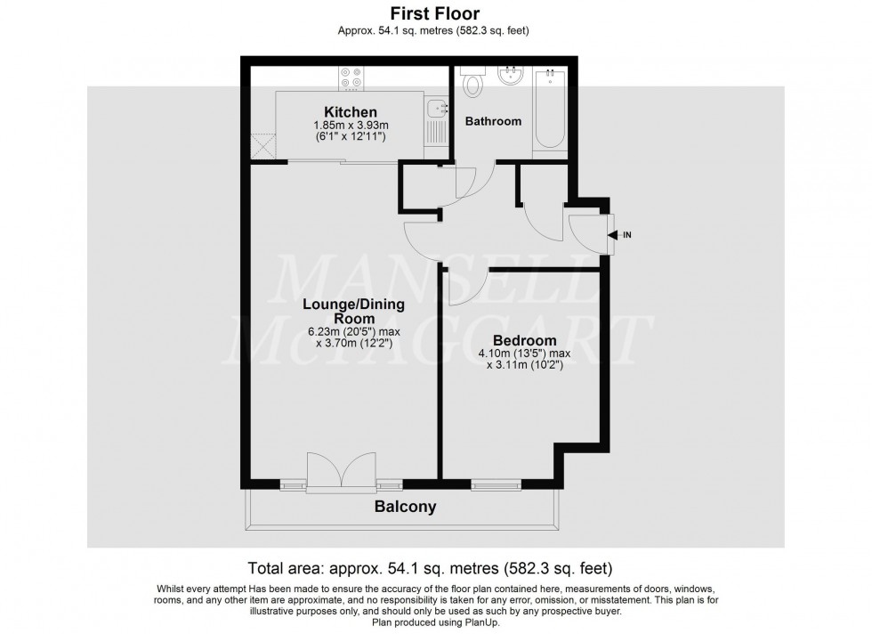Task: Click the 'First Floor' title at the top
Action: (x=435, y=13)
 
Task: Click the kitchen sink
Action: (x=436, y=110)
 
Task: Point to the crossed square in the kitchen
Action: (x=262, y=145)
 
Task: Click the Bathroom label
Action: (x=494, y=121)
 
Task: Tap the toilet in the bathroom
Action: (x=473, y=82)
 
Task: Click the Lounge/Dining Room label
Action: (x=353, y=311)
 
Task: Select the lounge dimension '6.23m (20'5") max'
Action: (x=353, y=330)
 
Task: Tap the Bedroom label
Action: (x=525, y=340)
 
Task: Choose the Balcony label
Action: (x=405, y=507)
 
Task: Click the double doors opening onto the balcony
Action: (x=342, y=472)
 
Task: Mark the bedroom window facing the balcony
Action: (x=497, y=485)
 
